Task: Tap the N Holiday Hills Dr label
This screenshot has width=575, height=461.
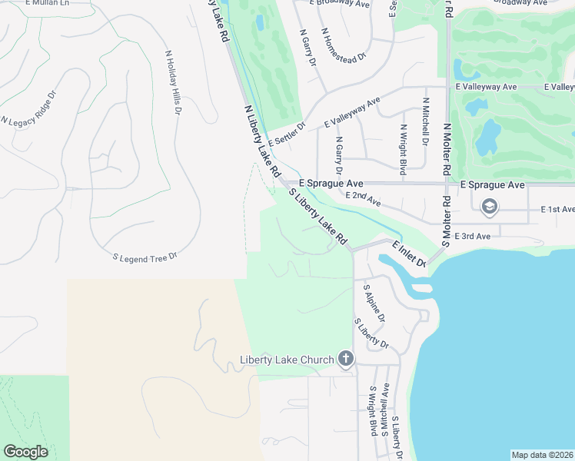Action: [172, 83]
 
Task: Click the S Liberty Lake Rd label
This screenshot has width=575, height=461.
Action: [318, 217]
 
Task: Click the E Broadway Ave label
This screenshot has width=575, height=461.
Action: [340, 3]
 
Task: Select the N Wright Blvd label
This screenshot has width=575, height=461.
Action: [402, 148]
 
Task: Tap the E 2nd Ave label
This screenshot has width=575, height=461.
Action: [363, 200]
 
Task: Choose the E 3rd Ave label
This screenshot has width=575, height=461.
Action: [472, 236]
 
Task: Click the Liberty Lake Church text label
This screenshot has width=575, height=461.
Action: [287, 360]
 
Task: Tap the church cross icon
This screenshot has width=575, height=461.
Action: [346, 359]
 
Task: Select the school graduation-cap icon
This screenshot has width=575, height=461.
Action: [489, 207]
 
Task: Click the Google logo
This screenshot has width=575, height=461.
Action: [25, 452]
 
